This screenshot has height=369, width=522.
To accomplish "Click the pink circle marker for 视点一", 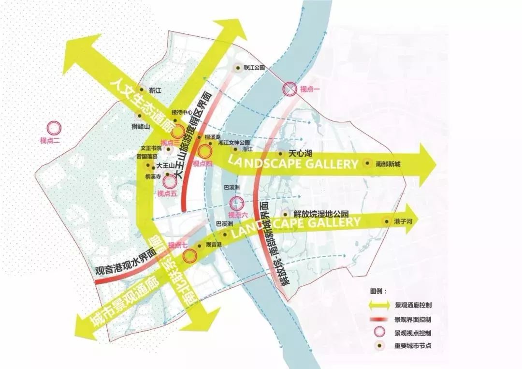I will [x=289, y=89].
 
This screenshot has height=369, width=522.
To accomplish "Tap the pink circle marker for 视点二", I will [x=54, y=128].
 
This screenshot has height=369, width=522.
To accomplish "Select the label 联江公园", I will [x=255, y=68].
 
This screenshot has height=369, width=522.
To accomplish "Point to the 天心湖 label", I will [x=299, y=153].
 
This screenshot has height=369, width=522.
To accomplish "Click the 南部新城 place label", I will [x=388, y=163].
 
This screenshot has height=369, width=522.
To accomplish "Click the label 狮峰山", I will [x=141, y=127].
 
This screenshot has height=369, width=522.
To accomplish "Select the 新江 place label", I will [x=156, y=90].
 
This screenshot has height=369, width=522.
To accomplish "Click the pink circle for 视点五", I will [x=170, y=182].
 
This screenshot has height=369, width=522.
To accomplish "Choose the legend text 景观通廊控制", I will [x=413, y=306].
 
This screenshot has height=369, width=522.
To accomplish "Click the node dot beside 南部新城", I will [x=368, y=163].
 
